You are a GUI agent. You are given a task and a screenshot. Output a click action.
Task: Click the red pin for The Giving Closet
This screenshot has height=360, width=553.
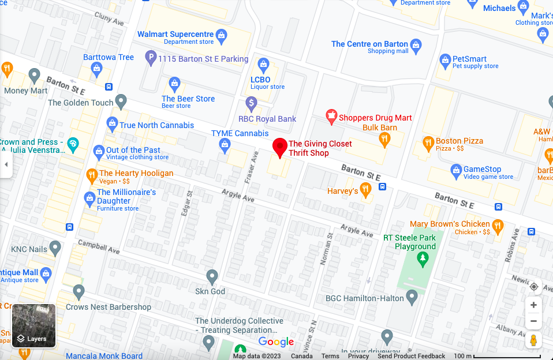(280, 147)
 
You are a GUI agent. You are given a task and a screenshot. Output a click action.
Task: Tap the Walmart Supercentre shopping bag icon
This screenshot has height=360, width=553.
(221, 35)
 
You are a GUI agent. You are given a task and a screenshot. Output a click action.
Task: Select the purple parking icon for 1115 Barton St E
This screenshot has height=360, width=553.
(151, 58)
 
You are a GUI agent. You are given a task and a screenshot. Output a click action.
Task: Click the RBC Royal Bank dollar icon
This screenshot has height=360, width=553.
(251, 104)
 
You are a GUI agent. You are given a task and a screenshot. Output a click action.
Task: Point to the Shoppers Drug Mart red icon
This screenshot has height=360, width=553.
(331, 117)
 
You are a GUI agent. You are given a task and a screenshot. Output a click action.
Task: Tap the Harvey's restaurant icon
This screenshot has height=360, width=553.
(365, 189)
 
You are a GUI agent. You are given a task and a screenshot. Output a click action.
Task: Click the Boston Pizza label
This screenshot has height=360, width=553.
(459, 141)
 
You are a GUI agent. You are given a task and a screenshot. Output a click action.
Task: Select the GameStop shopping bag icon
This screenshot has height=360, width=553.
(456, 171)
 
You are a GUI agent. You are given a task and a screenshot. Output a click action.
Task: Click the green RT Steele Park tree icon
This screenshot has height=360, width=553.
(424, 259)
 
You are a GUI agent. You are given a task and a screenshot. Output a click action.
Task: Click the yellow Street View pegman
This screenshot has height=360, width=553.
(533, 340)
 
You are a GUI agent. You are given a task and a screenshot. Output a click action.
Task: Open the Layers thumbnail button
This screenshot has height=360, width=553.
(34, 326)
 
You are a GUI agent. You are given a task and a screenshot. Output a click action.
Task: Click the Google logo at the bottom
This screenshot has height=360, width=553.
(276, 342)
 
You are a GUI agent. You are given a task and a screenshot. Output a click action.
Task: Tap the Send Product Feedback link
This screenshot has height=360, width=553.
(411, 356)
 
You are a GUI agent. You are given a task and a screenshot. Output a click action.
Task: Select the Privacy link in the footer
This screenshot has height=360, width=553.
(358, 356)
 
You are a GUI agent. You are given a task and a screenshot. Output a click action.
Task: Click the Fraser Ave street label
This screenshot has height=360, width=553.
(251, 167)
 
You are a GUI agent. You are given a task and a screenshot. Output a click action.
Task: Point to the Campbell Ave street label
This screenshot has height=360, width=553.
(99, 247)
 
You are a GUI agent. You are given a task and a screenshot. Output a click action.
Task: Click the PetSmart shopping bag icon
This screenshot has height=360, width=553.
(445, 60)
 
